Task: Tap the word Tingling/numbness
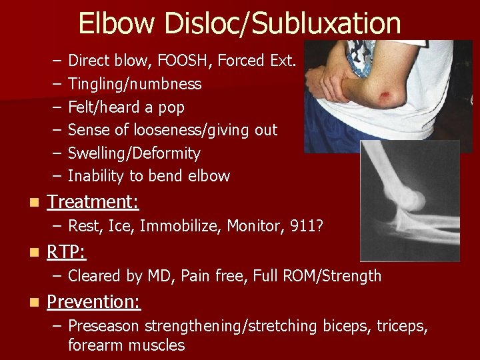(x=135, y=84)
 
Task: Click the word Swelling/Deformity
(x=134, y=153)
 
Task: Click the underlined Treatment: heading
(x=93, y=201)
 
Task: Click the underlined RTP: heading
(x=67, y=252)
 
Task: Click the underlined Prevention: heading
(x=94, y=302)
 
